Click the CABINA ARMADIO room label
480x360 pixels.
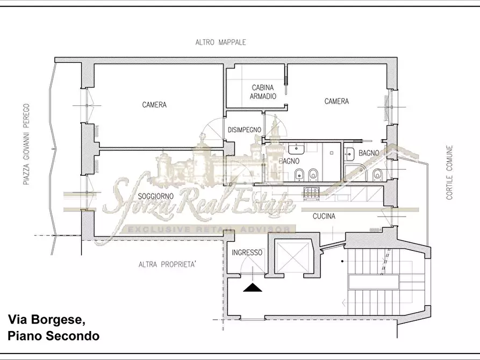pyautogui.click(x=263, y=92)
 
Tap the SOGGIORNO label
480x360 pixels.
pyautogui.click(x=155, y=196)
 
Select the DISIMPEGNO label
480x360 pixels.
pyautogui.click(x=244, y=130)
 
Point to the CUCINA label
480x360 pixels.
pyautogui.click(x=324, y=216)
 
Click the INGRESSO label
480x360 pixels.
pyautogui.click(x=247, y=253)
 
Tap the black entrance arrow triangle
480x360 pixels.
pyautogui.click(x=253, y=287)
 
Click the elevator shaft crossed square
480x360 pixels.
pyautogui.click(x=291, y=256)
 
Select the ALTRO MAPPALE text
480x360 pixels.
pyautogui.click(x=220, y=42)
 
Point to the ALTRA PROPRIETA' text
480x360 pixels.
pyautogui.click(x=167, y=264)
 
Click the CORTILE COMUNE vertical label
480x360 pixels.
pyautogui.click(x=449, y=172)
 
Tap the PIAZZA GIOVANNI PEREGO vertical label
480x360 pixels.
pyautogui.click(x=27, y=144)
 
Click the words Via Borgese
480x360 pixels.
pyautogui.click(x=46, y=320)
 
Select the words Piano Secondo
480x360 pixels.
pyautogui.click(x=54, y=336)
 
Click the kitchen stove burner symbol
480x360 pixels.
pyautogui.click(x=311, y=193)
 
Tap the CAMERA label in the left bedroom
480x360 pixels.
pyautogui.click(x=154, y=105)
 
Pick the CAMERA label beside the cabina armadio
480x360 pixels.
pyautogui.click(x=336, y=101)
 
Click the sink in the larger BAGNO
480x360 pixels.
pyautogui.click(x=296, y=149)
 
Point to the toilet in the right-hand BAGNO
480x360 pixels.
pyautogui.click(x=377, y=175)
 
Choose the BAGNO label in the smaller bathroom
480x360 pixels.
pyautogui.click(x=369, y=153)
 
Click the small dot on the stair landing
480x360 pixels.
pyautogui.click(x=342, y=261)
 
